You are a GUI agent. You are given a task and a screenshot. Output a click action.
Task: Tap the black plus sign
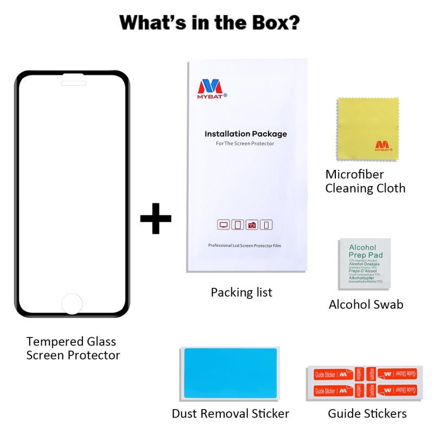pos(156,219)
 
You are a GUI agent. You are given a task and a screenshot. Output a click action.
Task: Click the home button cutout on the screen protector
pos(72,304)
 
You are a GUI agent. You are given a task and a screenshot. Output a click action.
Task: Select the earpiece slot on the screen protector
pos(73,83)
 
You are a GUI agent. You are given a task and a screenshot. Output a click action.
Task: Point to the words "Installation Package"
pos(245,134)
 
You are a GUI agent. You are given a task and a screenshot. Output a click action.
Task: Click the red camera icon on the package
pos(252,225)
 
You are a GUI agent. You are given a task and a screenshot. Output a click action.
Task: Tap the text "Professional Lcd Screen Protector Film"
pos(245,246)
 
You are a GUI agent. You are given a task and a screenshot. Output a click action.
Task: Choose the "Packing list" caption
pos(241,292)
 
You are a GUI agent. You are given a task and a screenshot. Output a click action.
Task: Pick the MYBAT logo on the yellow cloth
pos(384,145)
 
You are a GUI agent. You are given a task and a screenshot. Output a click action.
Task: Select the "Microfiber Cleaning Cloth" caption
pos(365,181)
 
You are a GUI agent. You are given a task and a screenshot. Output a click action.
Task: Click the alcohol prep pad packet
pos(364,263)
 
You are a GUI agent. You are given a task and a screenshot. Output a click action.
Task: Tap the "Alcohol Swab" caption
pos(366,304)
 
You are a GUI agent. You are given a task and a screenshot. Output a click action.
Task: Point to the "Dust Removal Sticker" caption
pos(230,413)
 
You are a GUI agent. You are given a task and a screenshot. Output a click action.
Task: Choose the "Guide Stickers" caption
pos(367,413)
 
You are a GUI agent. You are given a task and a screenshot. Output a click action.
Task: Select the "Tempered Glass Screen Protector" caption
pos(73,348)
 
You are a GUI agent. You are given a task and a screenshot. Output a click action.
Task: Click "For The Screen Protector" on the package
pos(245,143)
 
